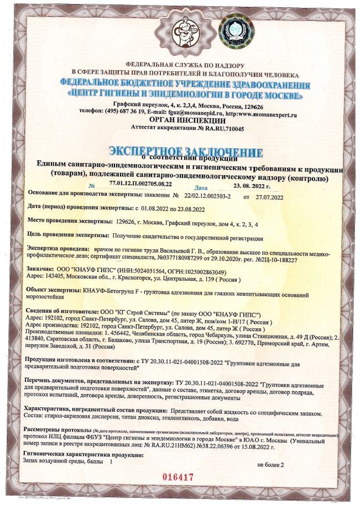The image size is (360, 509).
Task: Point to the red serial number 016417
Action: point(180,476)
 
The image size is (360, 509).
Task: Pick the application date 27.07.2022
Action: point(268,197)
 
